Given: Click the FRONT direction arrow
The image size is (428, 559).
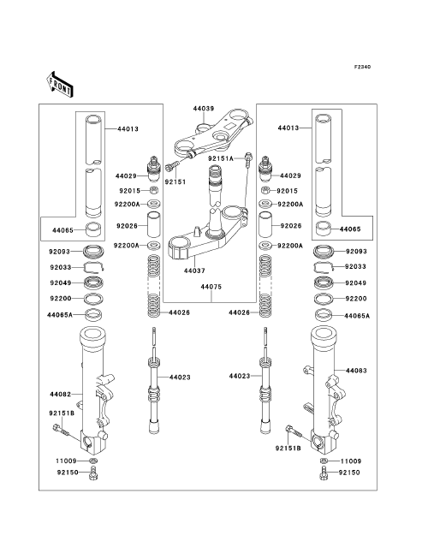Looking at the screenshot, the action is [60, 84].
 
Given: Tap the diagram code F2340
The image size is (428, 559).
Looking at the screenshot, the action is [362, 67].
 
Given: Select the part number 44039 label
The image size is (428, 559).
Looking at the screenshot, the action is [204, 108].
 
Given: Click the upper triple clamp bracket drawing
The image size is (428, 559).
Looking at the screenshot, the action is [213, 134].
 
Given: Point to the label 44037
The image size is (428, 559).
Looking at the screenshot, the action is [194, 271].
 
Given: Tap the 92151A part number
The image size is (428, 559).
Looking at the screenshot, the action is [221, 158].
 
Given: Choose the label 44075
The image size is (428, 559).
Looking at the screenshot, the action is [211, 287].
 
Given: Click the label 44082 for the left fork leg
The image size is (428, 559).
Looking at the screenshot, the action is [60, 395].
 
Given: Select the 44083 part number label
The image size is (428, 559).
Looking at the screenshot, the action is [356, 371].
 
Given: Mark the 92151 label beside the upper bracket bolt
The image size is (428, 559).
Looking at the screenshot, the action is [175, 182].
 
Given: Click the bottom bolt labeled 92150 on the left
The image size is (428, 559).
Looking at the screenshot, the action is [93, 472].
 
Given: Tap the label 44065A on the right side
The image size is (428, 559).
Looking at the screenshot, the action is [357, 316].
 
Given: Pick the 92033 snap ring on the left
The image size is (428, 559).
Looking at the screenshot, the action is [93, 267].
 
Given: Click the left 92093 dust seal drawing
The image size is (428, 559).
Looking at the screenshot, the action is [93, 252].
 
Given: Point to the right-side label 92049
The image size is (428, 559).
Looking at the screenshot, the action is [356, 283].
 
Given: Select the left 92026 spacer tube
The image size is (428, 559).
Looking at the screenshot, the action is [153, 224].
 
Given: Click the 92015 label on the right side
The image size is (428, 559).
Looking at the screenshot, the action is [288, 191].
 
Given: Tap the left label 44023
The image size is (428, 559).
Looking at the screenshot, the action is [180, 378].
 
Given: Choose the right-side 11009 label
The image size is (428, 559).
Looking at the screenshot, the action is [351, 461].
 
